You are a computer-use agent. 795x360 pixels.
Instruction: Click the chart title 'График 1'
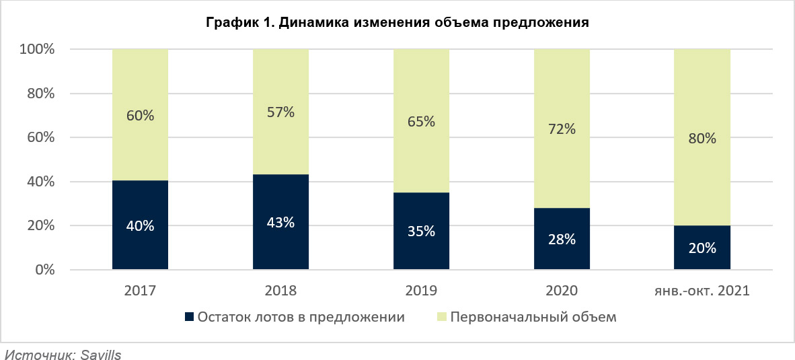pos(397,23)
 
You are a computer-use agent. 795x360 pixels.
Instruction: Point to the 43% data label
pos(280,223)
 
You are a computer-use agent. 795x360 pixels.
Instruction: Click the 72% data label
pos(562,129)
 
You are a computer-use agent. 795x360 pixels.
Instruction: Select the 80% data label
pos(702,139)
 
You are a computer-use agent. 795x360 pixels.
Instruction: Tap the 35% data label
pos(421,231)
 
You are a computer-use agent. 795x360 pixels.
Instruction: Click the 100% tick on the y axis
pos(38,50)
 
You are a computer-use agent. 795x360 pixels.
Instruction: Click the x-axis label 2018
pos(280,291)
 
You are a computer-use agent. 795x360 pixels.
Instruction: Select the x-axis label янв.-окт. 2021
pos(702,291)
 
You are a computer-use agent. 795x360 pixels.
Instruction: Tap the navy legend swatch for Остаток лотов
pos(189,317)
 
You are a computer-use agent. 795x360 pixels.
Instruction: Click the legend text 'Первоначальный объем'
pos(533,317)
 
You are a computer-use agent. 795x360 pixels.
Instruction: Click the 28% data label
pos(562,240)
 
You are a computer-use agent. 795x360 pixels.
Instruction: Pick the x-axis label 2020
pos(562,291)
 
